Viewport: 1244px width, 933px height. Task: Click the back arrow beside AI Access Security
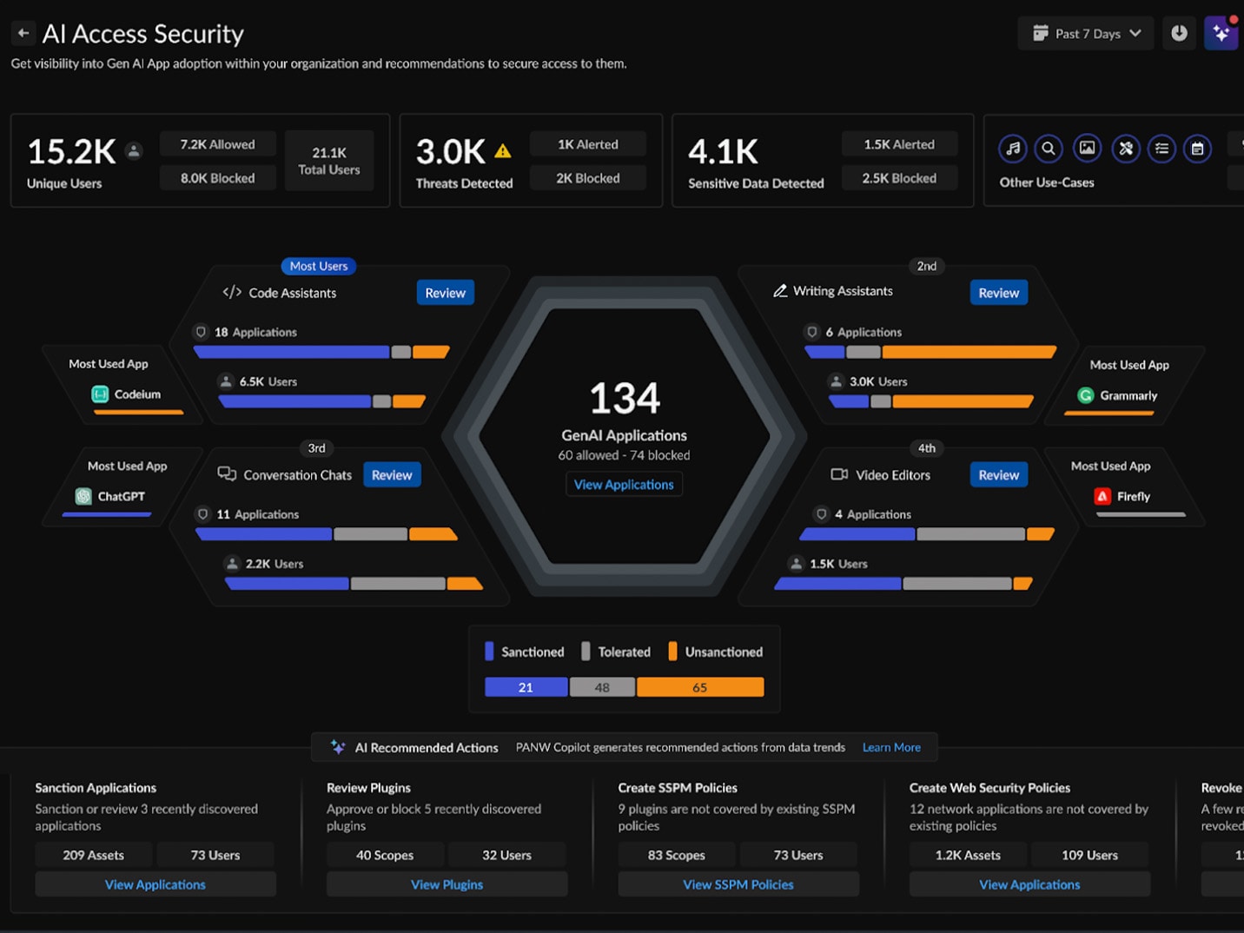(x=23, y=34)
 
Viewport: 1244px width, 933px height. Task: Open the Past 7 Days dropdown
(x=1086, y=34)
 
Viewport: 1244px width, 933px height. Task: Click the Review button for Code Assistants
(x=445, y=293)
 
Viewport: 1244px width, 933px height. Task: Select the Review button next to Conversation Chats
(x=392, y=475)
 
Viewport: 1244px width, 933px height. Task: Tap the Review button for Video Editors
(x=998, y=475)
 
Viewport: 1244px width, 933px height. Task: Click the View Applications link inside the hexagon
(x=624, y=485)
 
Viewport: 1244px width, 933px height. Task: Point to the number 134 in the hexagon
(x=625, y=399)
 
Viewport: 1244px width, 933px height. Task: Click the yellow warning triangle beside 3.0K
(x=502, y=151)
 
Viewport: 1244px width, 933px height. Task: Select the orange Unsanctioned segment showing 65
(x=700, y=687)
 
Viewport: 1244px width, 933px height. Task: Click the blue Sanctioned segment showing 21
(x=526, y=687)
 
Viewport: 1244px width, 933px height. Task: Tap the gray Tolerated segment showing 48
(x=602, y=687)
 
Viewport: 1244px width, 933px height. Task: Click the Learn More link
(x=891, y=747)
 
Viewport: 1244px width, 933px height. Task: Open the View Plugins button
(x=447, y=884)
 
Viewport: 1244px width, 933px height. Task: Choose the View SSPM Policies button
(x=738, y=884)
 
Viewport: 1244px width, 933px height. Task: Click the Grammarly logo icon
(x=1085, y=395)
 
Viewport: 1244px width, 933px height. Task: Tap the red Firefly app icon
(x=1102, y=496)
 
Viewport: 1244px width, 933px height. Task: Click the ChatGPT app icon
(x=83, y=496)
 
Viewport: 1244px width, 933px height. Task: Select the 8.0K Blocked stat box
(x=217, y=178)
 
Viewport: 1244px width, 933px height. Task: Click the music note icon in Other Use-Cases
(x=1013, y=149)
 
